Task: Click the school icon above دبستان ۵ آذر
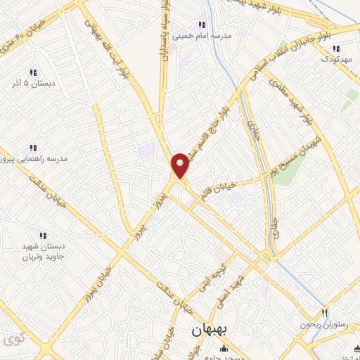[33, 72]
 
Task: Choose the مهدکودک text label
[337, 59]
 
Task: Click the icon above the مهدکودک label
[336, 49]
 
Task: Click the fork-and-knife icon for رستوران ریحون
[324, 313]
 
